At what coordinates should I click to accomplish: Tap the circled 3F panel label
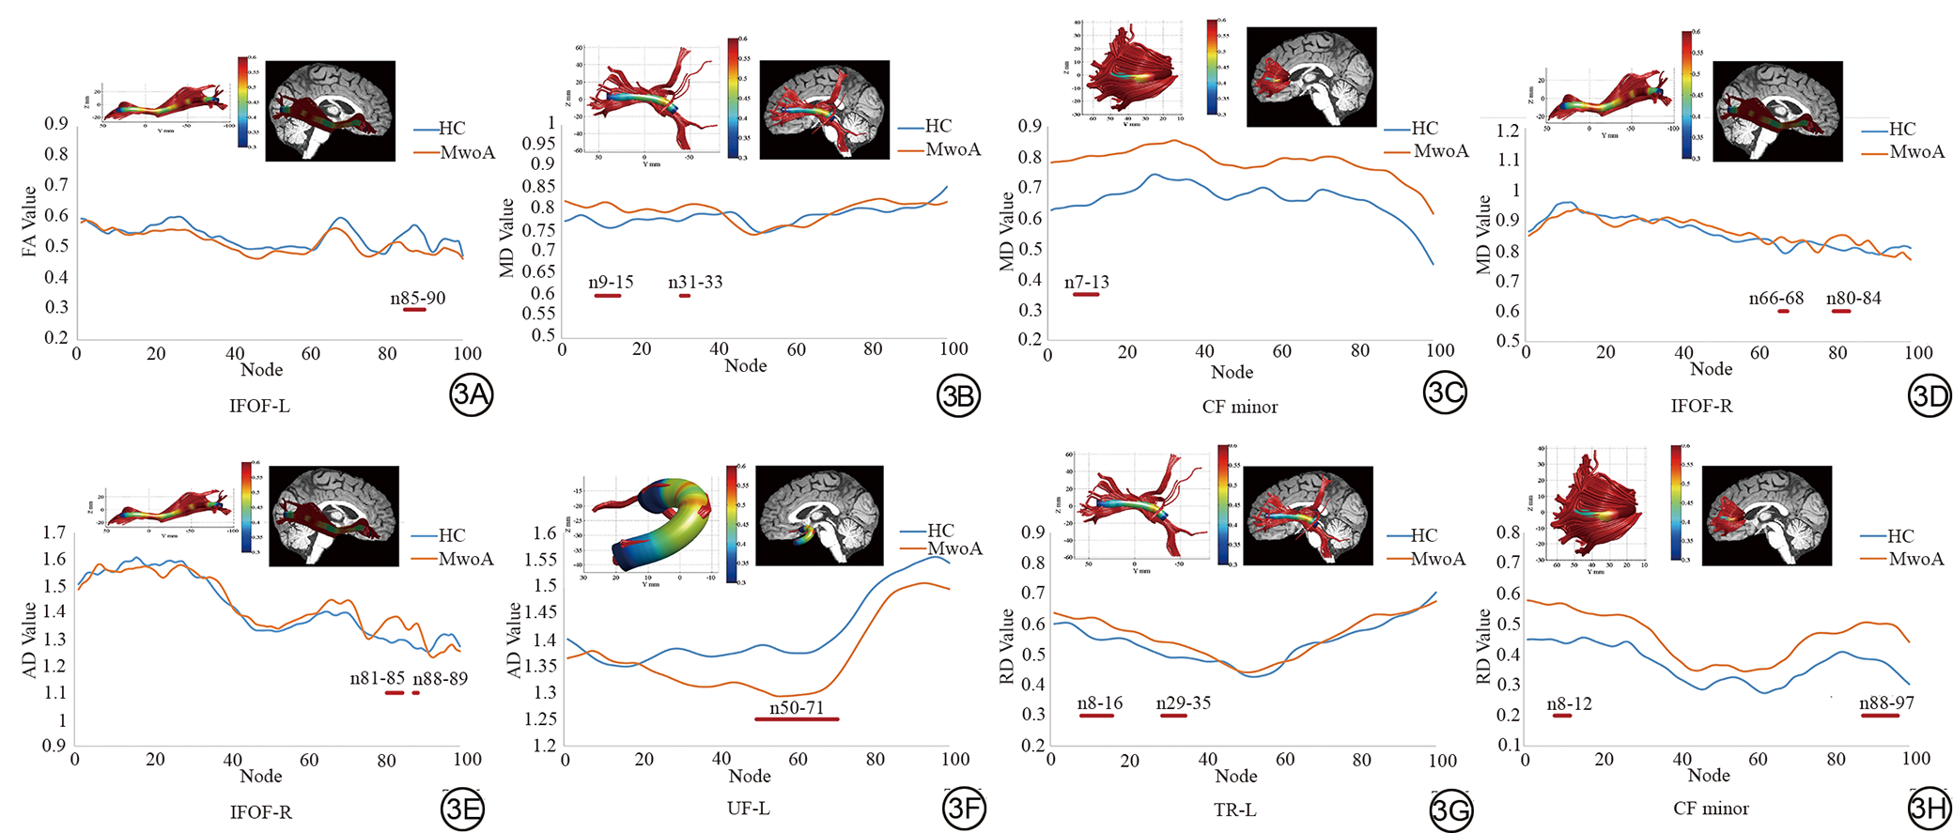point(964,810)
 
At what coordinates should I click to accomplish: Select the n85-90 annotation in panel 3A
point(418,299)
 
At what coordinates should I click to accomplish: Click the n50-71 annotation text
point(797,707)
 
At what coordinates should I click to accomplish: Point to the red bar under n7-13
point(1086,295)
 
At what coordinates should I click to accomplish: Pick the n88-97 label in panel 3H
point(1886,702)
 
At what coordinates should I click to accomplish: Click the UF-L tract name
point(749,809)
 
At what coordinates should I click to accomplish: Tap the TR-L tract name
point(1234,810)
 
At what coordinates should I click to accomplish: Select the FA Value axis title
point(29,222)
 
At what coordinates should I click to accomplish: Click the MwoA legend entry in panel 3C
point(1440,151)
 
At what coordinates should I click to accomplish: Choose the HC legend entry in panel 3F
point(940,531)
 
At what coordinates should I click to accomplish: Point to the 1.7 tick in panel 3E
point(54,532)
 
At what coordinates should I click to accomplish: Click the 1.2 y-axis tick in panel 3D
point(1507,130)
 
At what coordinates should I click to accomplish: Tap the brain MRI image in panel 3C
point(1310,76)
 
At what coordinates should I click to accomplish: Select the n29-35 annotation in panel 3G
point(1183,702)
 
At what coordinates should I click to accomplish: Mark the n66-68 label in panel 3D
point(1775,299)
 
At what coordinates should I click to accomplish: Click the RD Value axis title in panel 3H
point(1483,645)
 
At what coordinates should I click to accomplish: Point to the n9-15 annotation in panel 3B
point(611,283)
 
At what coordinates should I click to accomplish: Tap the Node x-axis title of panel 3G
point(1235,776)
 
